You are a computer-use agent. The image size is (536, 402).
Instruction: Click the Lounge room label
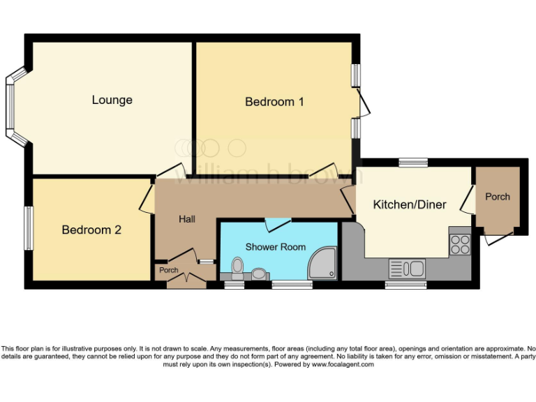(x=112, y=100)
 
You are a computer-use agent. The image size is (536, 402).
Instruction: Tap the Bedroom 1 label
(x=274, y=102)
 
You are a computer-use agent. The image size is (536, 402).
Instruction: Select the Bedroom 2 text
(x=91, y=230)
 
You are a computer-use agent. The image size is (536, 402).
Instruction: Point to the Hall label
(x=186, y=219)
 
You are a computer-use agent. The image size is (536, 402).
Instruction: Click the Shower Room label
(x=276, y=247)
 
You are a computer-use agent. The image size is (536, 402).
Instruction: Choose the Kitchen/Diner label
(x=410, y=204)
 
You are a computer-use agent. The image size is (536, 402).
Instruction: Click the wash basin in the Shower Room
(x=260, y=274)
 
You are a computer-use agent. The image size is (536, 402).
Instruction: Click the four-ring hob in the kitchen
(x=460, y=244)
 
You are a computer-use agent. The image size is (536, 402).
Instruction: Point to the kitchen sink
(x=407, y=268)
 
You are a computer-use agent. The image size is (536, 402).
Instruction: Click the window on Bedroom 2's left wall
(x=29, y=228)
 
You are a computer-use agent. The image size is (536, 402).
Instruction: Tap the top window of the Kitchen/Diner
(x=413, y=163)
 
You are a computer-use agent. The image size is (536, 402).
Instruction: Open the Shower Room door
(x=278, y=224)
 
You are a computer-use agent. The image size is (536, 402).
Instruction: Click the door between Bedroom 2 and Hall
(x=148, y=199)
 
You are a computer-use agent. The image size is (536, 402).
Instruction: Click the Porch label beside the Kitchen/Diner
(x=498, y=197)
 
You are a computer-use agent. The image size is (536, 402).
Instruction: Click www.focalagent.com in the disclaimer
(x=343, y=364)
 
